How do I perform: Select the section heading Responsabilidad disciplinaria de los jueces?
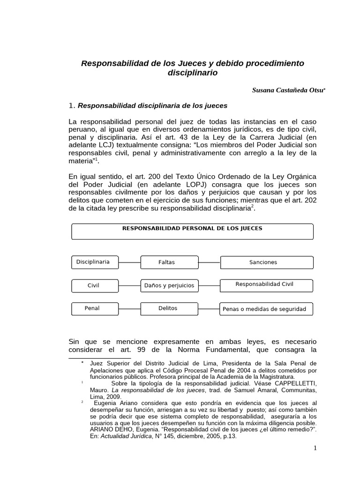(x=152, y=105)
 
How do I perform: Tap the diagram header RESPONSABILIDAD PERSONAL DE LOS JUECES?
(x=192, y=229)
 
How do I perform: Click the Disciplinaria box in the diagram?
(x=93, y=262)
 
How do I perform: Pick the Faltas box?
(x=166, y=262)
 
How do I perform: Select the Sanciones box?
(x=263, y=262)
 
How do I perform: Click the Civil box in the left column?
(x=93, y=285)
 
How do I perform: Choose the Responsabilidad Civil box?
(x=265, y=285)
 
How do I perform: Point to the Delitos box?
(x=167, y=308)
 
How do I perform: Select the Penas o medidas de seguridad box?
(x=265, y=309)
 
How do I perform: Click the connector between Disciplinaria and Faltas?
(x=130, y=257)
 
